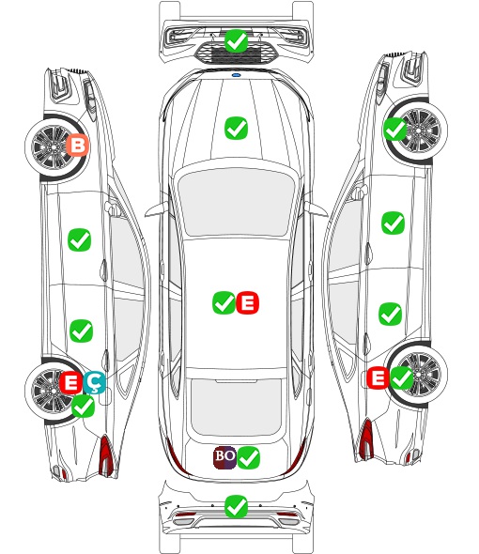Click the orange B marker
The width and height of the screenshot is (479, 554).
pyautogui.click(x=78, y=145)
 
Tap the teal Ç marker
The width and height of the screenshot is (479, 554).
pyautogui.click(x=94, y=383)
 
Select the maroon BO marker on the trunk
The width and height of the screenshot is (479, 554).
pyautogui.click(x=224, y=457)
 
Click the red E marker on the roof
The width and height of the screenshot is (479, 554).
pyautogui.click(x=247, y=302)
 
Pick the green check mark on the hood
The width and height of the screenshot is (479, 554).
pyautogui.click(x=236, y=128)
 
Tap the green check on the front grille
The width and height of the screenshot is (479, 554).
pyautogui.click(x=236, y=41)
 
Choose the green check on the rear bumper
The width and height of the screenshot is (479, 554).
pyautogui.click(x=236, y=507)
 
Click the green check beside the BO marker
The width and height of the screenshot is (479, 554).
pyautogui.click(x=249, y=457)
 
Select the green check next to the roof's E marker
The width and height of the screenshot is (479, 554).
pyautogui.click(x=224, y=302)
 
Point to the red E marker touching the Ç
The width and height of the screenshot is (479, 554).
pyautogui.click(x=70, y=382)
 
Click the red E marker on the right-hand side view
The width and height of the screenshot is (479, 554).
pyautogui.click(x=378, y=377)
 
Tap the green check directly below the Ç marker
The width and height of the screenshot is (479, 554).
pyautogui.click(x=83, y=406)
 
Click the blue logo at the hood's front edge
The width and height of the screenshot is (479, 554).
pyautogui.click(x=236, y=75)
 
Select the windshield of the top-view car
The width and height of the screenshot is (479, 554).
pyautogui.click(x=236, y=202)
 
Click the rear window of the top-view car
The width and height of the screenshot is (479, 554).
pyautogui.click(x=236, y=407)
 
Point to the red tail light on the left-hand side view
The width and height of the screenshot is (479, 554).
pyautogui.click(x=105, y=455)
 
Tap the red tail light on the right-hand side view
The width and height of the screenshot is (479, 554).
pyautogui.click(x=366, y=438)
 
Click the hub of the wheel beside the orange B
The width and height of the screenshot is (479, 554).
pyautogui.click(x=54, y=146)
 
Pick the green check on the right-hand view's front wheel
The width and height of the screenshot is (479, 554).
pyautogui.click(x=394, y=129)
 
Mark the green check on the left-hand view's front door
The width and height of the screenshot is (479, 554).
pyautogui.click(x=79, y=239)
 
